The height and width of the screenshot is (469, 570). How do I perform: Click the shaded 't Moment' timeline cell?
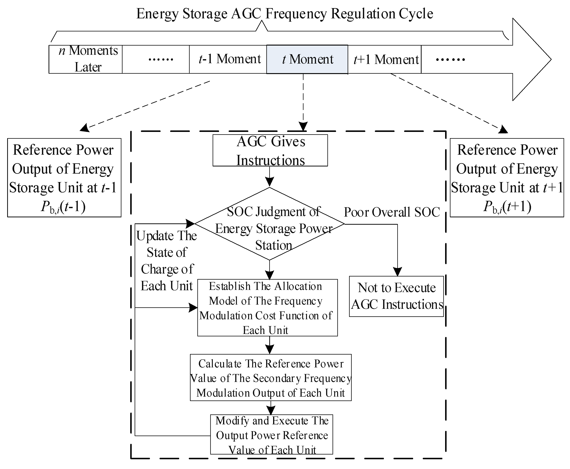point(307,59)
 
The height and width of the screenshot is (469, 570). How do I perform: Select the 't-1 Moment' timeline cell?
point(228,59)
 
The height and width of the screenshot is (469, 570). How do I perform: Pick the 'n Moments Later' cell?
point(86,59)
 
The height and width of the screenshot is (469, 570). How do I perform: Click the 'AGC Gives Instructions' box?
point(270,150)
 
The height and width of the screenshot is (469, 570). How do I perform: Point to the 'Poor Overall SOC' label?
point(391,212)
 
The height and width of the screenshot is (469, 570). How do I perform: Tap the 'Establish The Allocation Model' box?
point(267,308)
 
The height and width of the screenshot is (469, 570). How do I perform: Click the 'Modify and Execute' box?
point(271,434)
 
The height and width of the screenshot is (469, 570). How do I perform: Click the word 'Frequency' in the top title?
point(296,14)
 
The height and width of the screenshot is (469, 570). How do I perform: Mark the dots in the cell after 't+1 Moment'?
point(450,59)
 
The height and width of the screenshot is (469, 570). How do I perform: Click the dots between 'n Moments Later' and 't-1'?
point(161,59)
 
